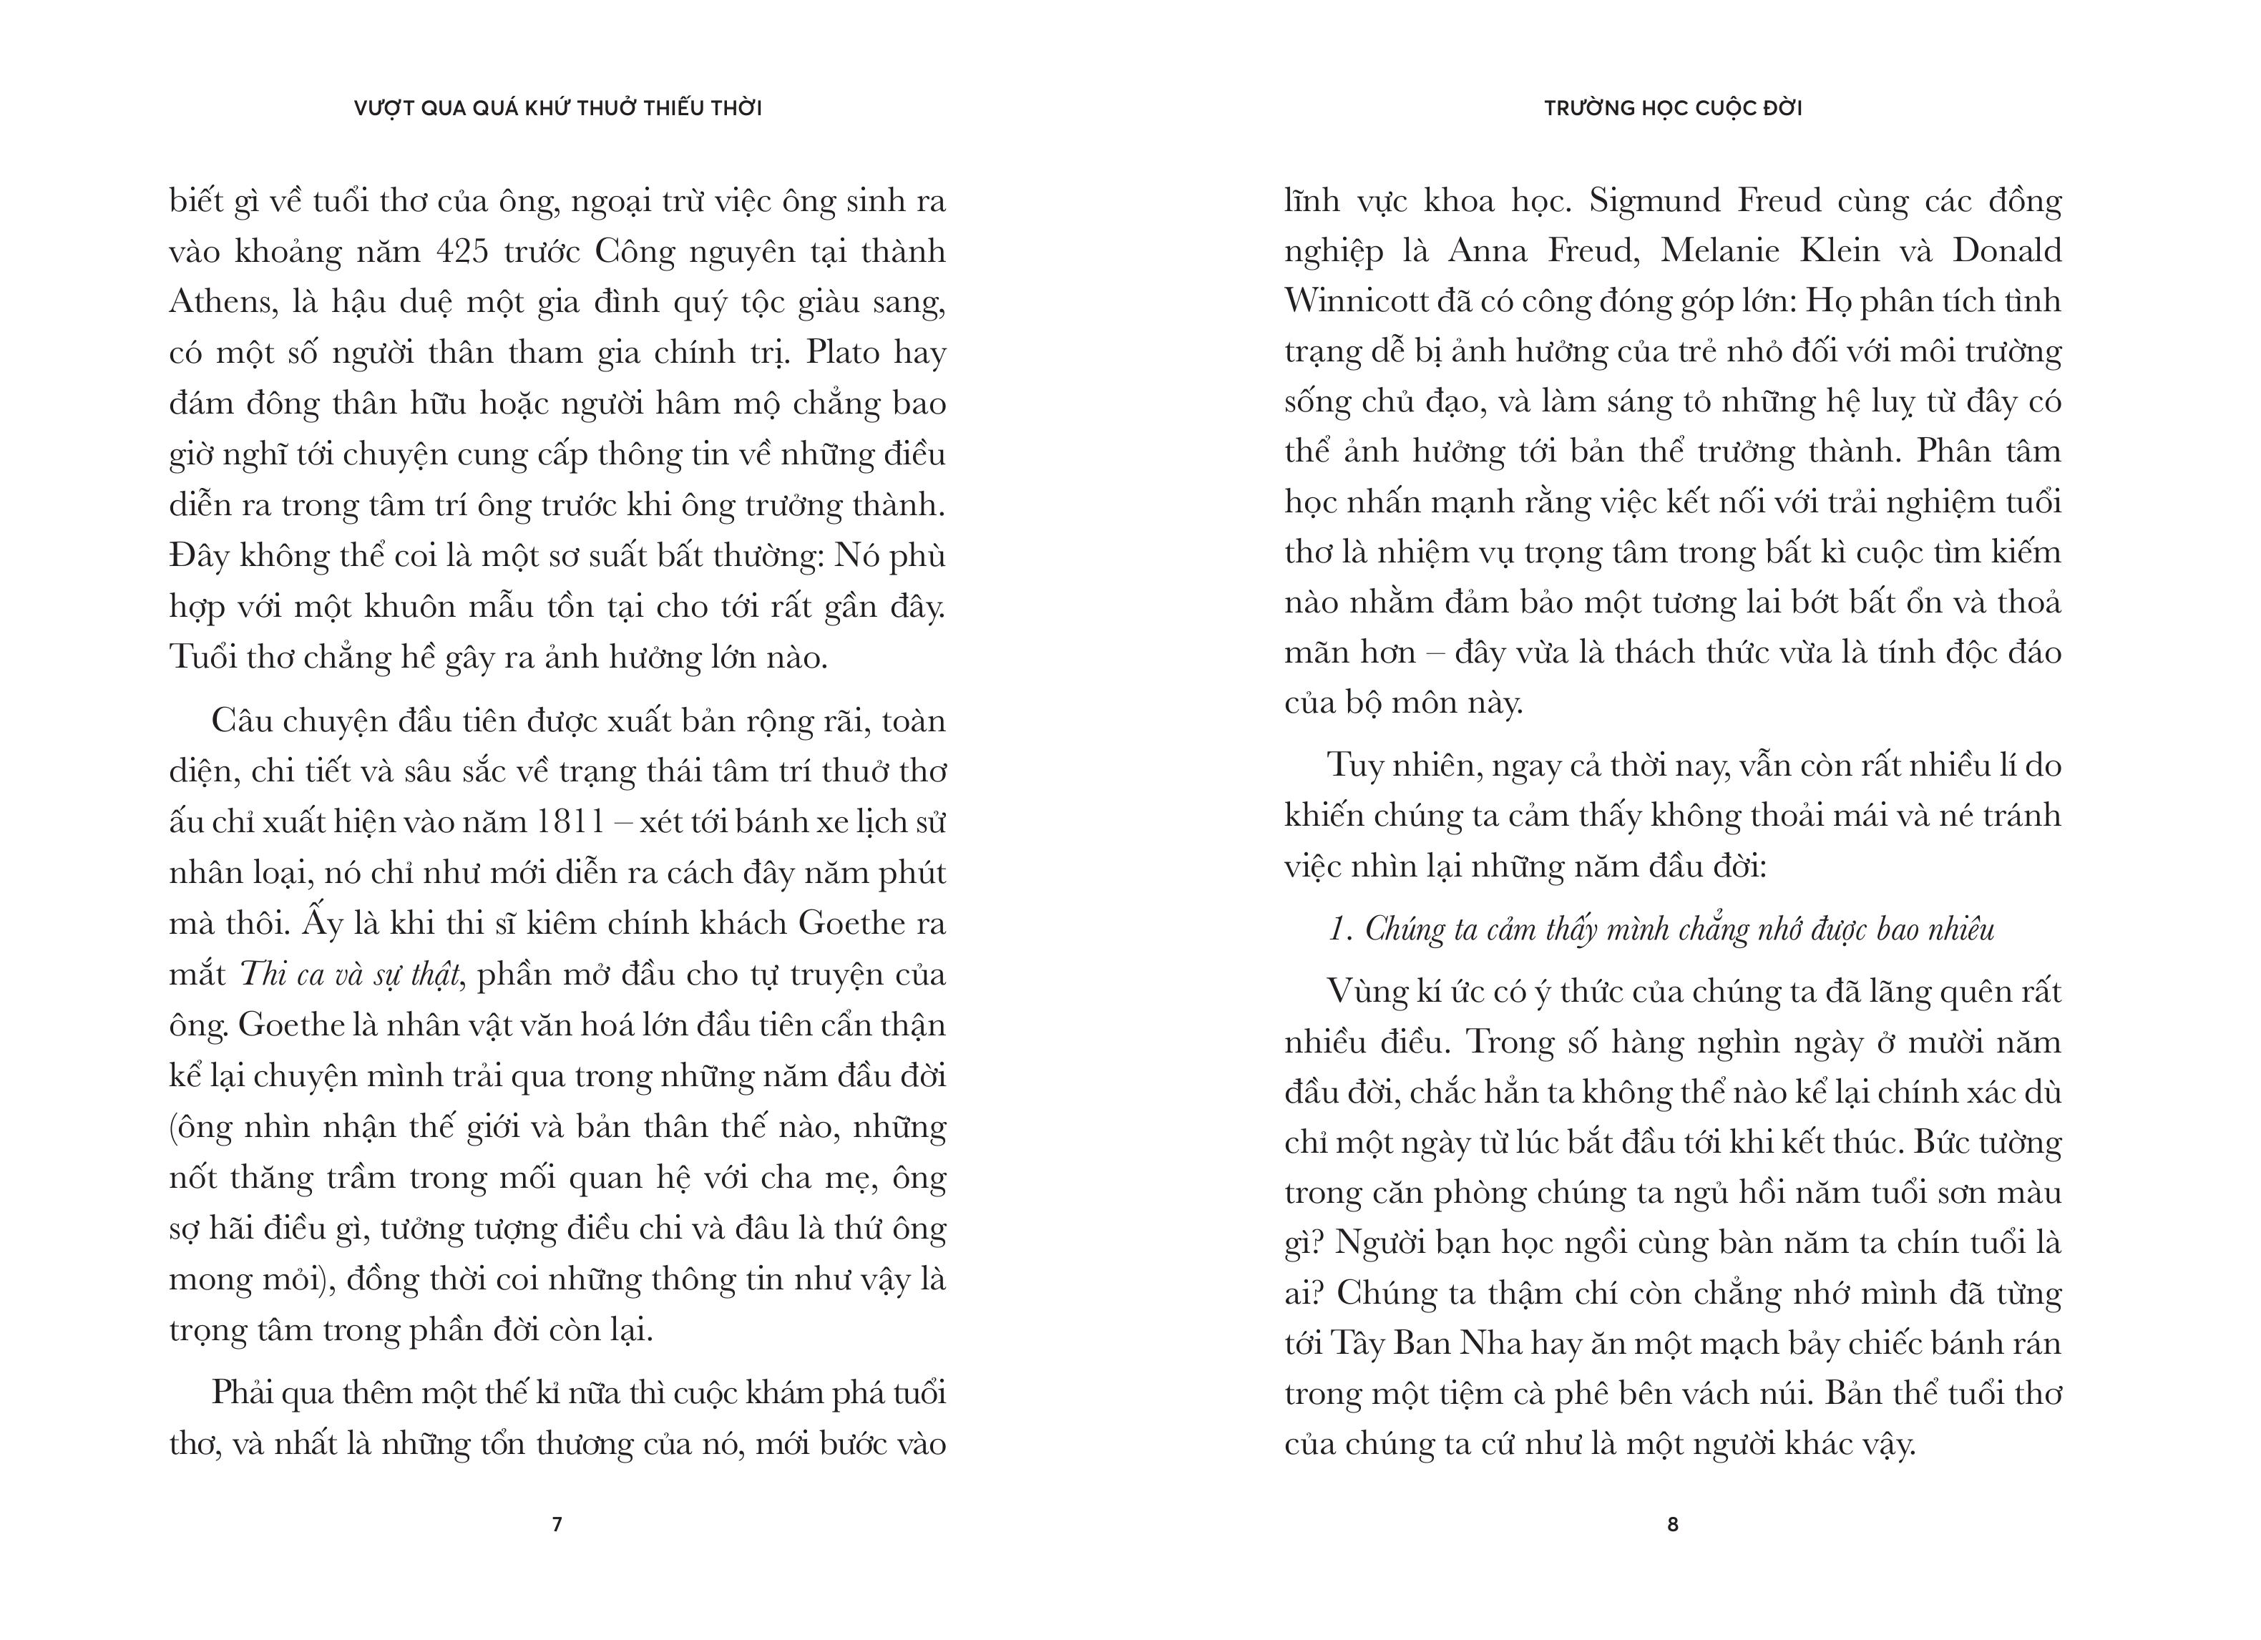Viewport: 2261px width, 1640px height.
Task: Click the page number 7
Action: click(557, 1524)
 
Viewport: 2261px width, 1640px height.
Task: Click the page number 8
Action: click(1673, 1524)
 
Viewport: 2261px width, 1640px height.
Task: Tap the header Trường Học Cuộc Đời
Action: click(1673, 107)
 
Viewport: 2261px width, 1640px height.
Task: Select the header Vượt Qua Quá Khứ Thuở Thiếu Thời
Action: click(557, 107)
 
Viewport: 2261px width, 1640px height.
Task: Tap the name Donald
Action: click(2006, 250)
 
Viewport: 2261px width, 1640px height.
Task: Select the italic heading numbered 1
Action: click(1661, 929)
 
